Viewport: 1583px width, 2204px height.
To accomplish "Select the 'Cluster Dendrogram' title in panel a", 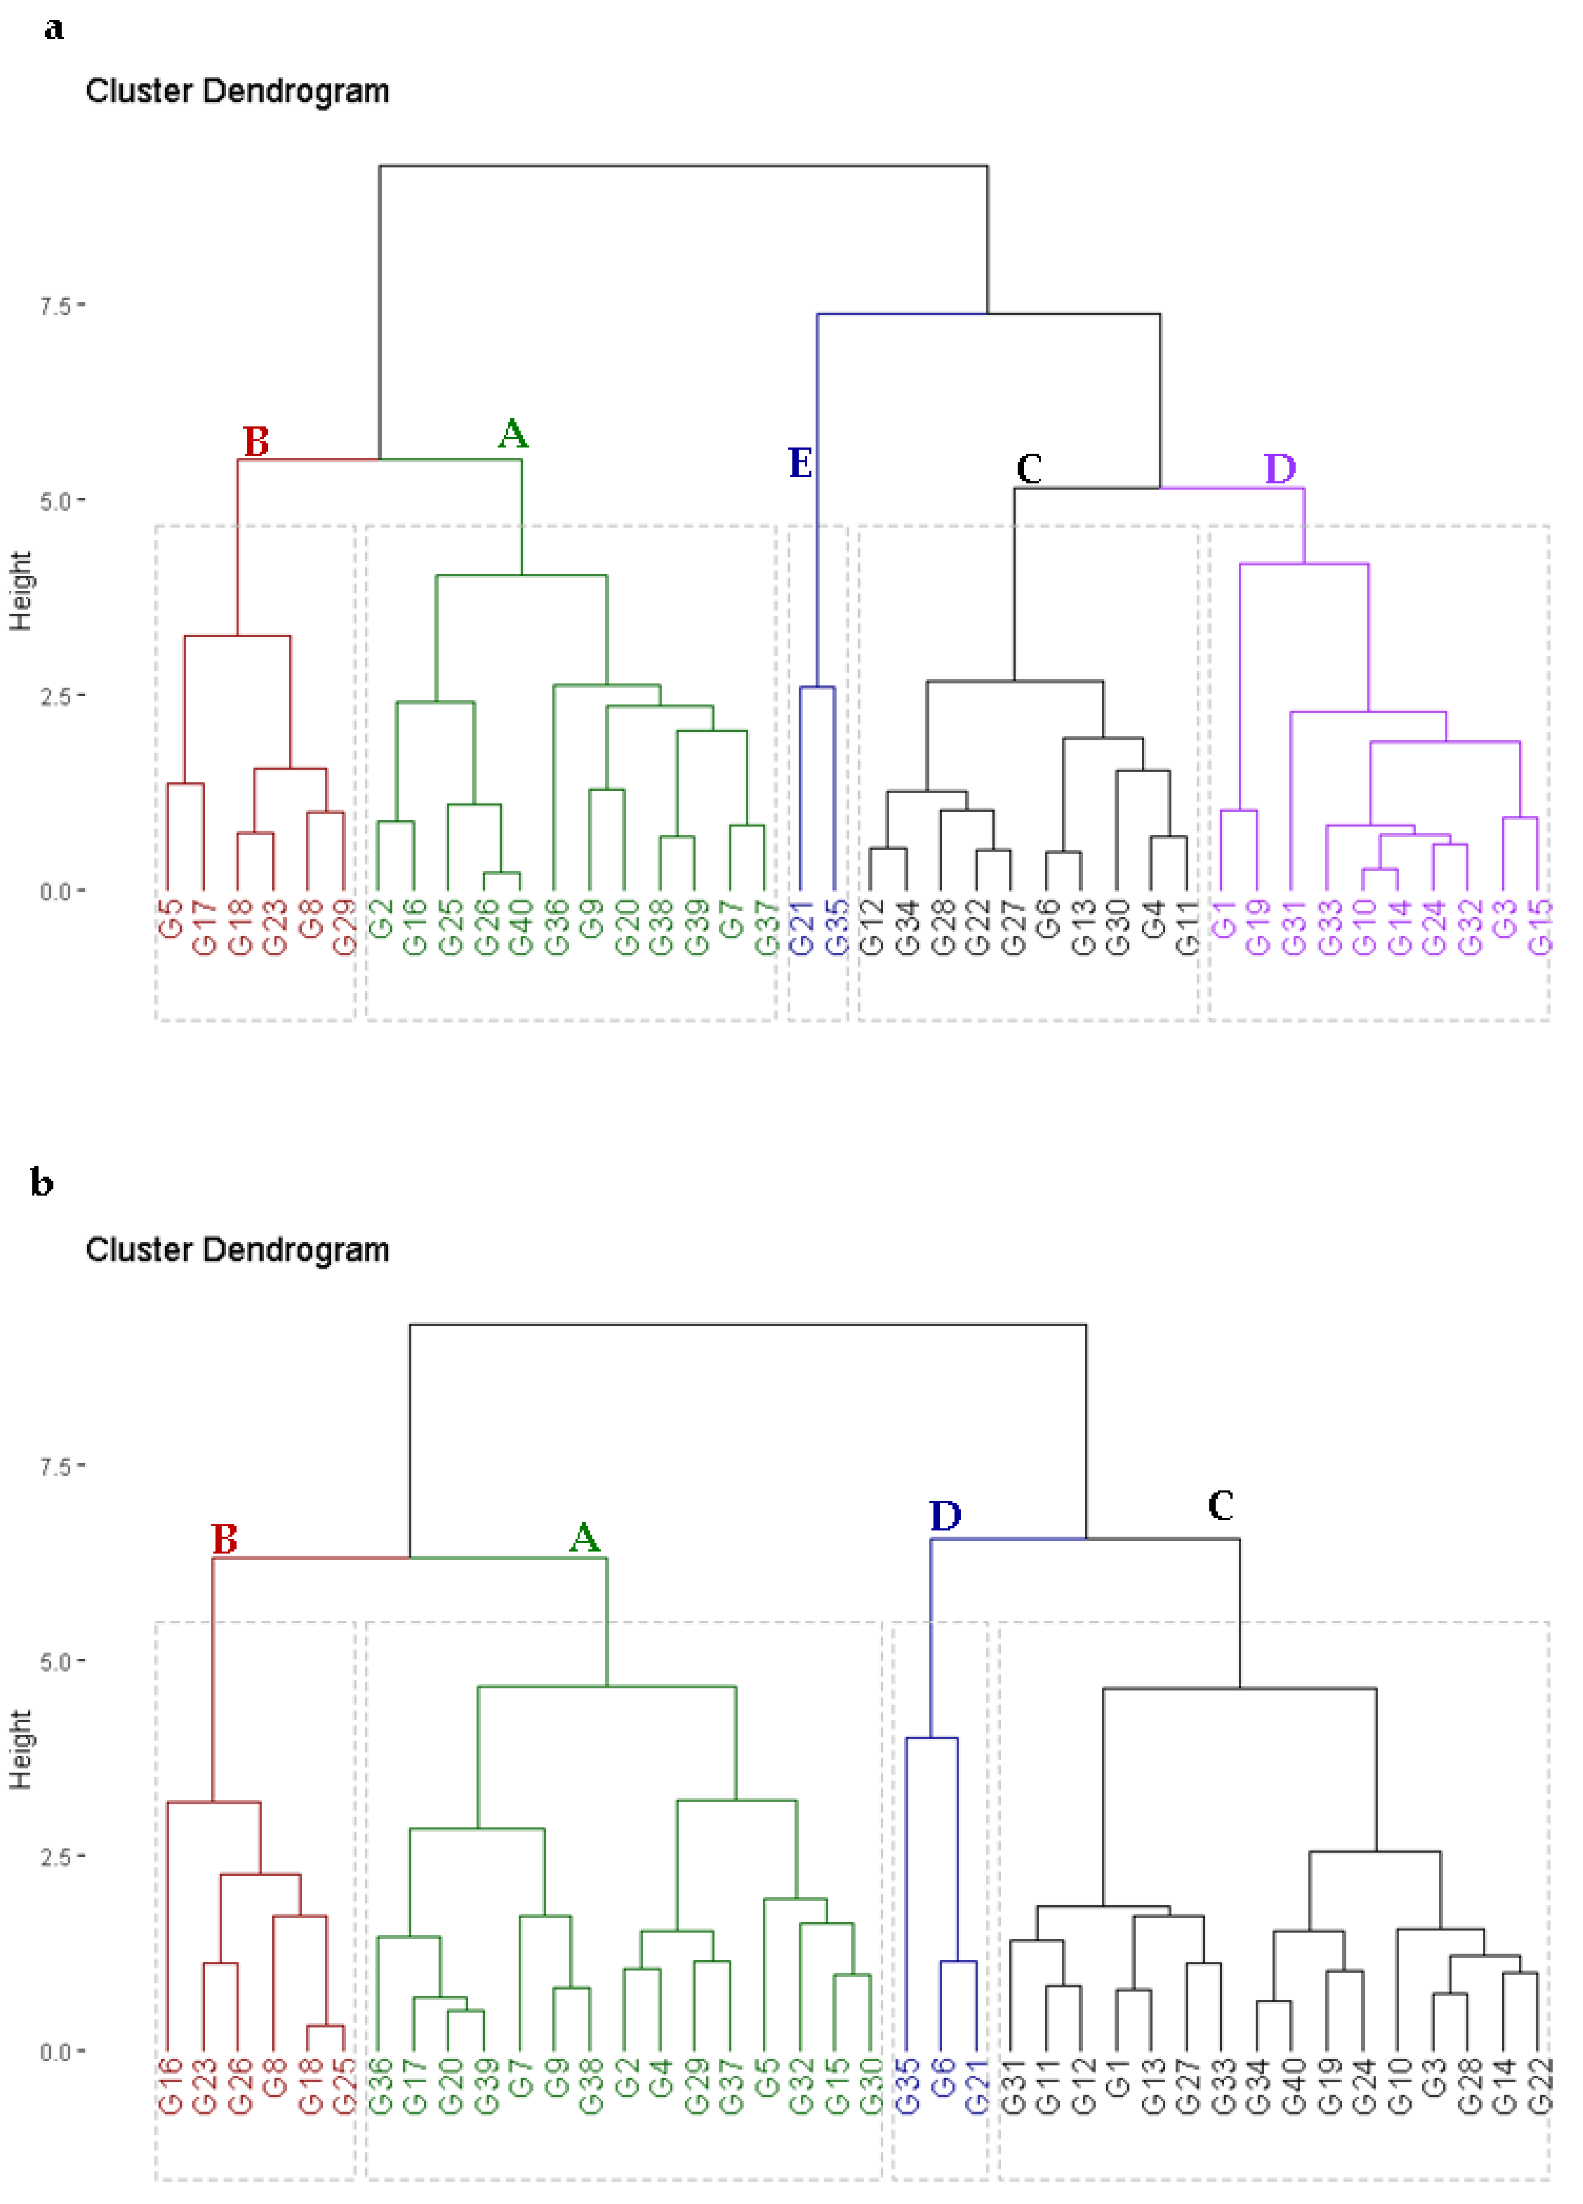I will pos(237,92).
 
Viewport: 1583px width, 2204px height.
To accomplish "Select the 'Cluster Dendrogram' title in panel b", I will pos(237,1250).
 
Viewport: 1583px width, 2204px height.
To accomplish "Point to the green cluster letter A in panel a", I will pos(513,434).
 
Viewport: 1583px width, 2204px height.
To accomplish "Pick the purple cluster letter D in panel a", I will pos(1280,468).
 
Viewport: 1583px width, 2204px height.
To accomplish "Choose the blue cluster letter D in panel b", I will pos(945,1515).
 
